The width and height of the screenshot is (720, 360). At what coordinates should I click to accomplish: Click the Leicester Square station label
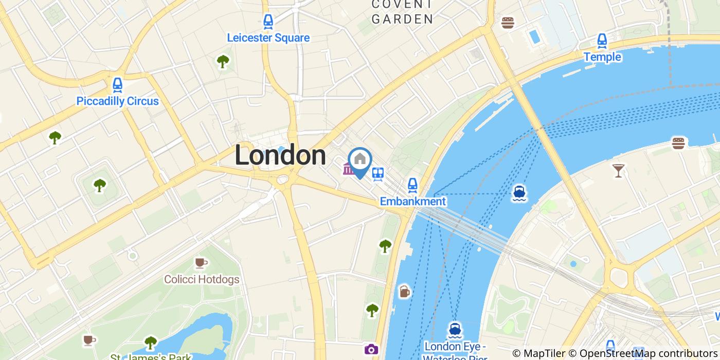[268, 38]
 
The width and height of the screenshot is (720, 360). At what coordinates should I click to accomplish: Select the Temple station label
[602, 57]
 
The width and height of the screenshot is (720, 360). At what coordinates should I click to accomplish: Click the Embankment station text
[412, 201]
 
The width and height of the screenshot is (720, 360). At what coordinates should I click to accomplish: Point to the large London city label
[280, 155]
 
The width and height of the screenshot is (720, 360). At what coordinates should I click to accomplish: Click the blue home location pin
[360, 160]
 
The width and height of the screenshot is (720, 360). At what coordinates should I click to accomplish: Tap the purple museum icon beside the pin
[348, 169]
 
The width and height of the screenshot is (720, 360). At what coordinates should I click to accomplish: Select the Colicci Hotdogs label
[202, 279]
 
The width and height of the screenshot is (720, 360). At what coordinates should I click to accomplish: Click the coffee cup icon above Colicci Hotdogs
[200, 263]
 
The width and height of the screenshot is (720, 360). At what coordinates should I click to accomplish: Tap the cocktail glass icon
[618, 170]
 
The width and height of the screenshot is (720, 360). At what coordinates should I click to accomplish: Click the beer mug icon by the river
[405, 292]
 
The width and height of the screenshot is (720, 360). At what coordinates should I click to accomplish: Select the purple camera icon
[371, 350]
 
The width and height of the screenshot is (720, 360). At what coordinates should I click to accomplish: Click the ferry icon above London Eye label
[454, 329]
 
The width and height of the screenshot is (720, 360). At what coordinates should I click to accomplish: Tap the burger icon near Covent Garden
[508, 23]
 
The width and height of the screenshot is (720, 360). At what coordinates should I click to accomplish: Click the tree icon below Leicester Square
[223, 62]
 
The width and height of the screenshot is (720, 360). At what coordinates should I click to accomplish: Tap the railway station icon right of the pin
[378, 173]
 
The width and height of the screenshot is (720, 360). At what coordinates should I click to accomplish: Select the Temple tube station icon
[602, 41]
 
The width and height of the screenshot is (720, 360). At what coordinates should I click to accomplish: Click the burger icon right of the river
[678, 143]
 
